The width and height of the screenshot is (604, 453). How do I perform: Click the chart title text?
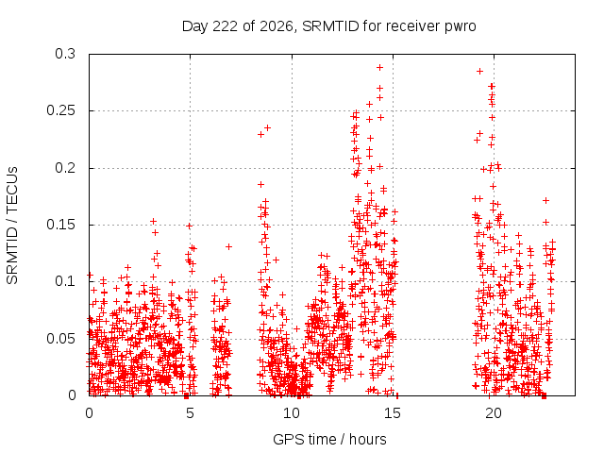328,26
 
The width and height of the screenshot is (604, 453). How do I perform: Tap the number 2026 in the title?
277,26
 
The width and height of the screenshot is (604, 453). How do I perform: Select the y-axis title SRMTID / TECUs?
12,226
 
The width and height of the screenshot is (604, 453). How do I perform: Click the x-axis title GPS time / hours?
329,439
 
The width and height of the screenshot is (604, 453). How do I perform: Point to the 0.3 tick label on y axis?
65,54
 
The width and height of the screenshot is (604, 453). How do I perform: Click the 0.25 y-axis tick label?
60,110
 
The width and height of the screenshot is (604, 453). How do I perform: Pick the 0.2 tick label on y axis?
65,168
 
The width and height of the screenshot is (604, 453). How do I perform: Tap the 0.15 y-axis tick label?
60,225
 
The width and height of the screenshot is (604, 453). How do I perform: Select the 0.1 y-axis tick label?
65,281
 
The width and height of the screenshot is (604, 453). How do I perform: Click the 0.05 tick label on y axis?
60,339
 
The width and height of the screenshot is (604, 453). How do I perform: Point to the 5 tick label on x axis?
190,413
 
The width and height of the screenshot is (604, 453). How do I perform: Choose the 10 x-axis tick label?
292,413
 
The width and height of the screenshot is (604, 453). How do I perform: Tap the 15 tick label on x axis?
393,413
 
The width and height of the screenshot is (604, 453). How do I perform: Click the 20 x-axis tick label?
494,413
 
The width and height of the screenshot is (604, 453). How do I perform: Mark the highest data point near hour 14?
379,67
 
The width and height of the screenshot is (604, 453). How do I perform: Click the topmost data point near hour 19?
480,72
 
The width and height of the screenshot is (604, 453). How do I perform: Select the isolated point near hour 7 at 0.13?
228,246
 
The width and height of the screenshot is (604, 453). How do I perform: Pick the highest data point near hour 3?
153,221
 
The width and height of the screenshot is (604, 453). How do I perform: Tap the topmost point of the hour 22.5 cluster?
545,200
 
